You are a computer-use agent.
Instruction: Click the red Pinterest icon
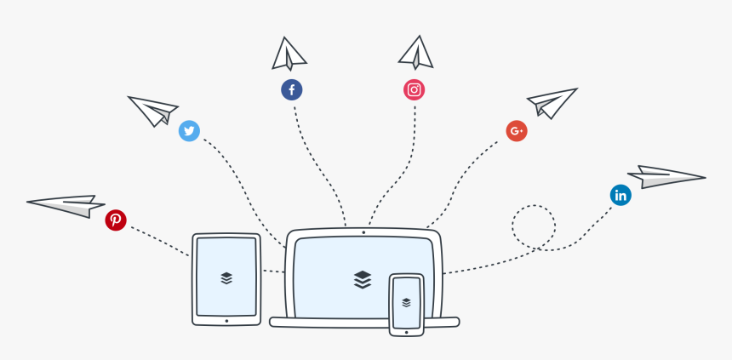pyautogui.click(x=116, y=220)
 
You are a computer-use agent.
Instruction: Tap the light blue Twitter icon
pyautogui.click(x=189, y=131)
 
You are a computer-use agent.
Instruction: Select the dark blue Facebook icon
pyautogui.click(x=292, y=89)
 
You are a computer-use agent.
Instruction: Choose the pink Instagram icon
pyautogui.click(x=415, y=89)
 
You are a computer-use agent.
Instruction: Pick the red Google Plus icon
pyautogui.click(x=517, y=131)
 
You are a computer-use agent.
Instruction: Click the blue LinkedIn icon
pyautogui.click(x=620, y=195)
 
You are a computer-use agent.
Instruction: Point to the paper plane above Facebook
pyautogui.click(x=289, y=54)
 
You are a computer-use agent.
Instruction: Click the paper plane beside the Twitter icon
pyautogui.click(x=153, y=109)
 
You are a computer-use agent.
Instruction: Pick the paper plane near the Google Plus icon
pyautogui.click(x=552, y=102)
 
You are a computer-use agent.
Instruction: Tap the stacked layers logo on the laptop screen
pyautogui.click(x=363, y=279)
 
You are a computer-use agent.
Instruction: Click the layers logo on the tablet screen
pyautogui.click(x=226, y=277)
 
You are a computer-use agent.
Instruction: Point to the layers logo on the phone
pyautogui.click(x=407, y=301)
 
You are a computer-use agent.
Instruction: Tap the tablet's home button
pyautogui.click(x=226, y=321)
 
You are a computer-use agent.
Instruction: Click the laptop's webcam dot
pyautogui.click(x=363, y=231)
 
